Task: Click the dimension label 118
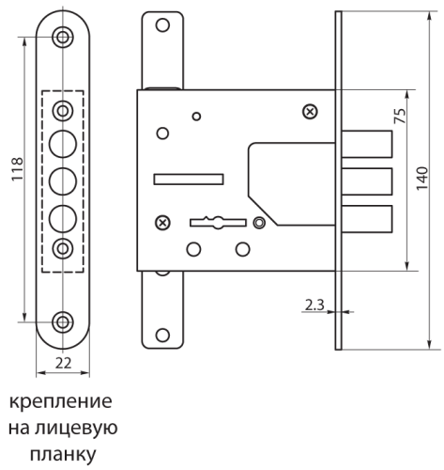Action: click(17, 169)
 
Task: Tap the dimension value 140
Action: click(422, 179)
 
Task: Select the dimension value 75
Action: click(400, 116)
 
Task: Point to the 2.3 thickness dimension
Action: click(314, 305)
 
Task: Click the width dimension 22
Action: click(63, 363)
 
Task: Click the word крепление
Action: click(60, 401)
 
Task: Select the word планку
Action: click(63, 455)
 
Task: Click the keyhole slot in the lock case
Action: click(218, 223)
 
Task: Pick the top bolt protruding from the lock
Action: click(367, 144)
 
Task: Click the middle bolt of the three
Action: click(367, 181)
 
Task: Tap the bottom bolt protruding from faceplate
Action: click(367, 219)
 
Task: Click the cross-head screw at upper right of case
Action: click(310, 111)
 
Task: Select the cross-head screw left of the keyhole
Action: click(162, 223)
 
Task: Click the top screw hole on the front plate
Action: click(63, 37)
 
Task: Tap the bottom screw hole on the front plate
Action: click(63, 321)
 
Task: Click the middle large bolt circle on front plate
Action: click(63, 181)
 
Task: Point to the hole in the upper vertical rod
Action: click(162, 25)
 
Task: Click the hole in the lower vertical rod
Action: click(162, 336)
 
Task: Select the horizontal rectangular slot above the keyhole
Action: click(189, 179)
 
